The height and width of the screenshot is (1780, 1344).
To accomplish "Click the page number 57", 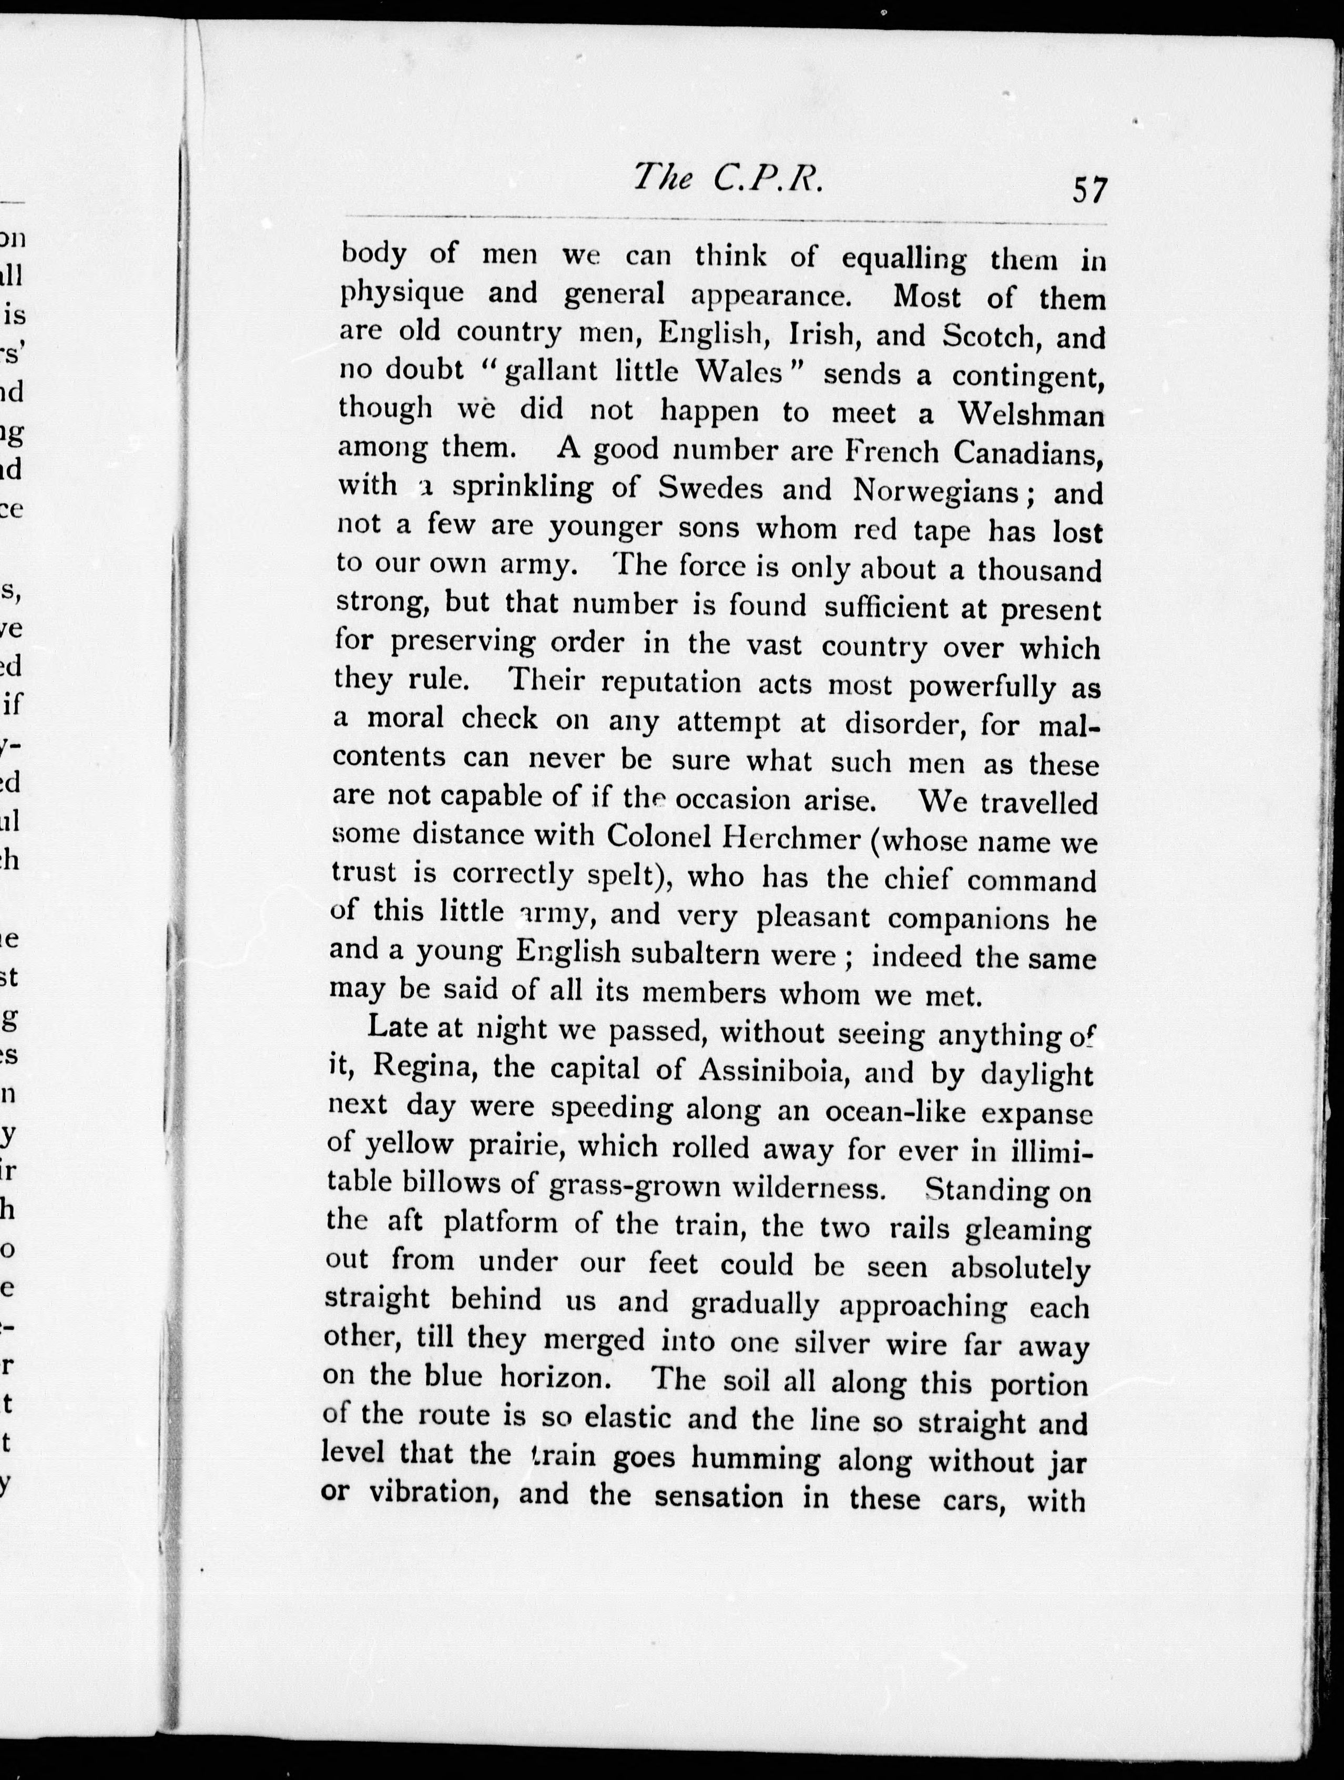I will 1089,191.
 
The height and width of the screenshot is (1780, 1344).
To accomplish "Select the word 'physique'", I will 401,292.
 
